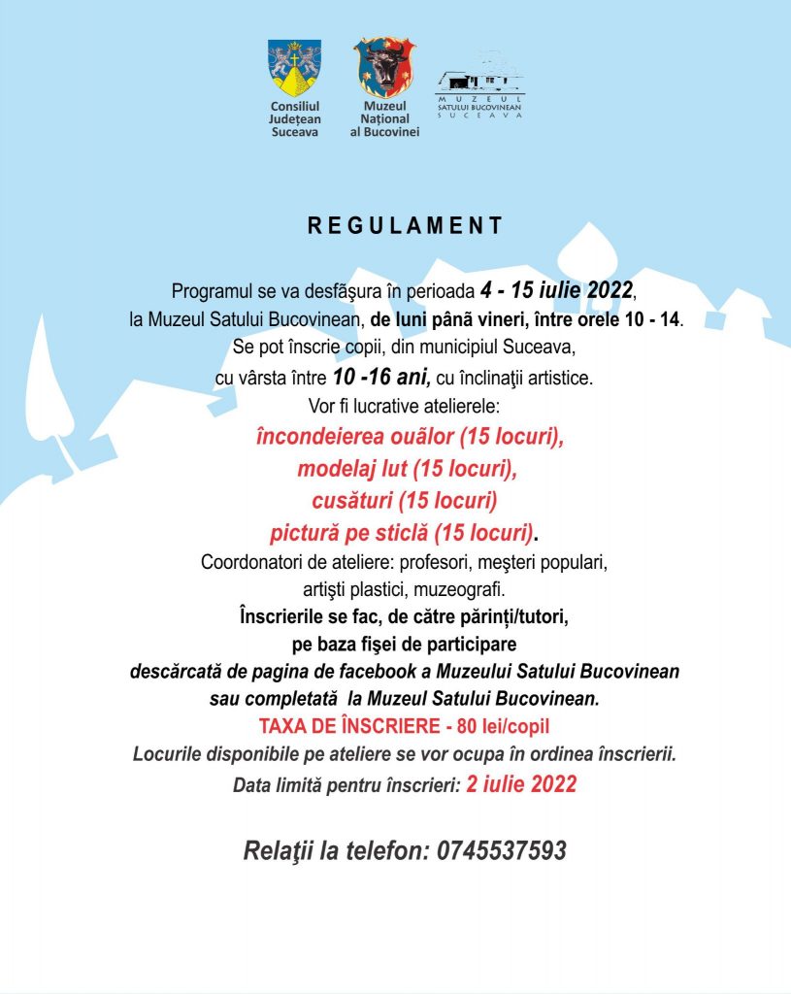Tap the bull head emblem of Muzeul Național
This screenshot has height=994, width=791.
pos(384,67)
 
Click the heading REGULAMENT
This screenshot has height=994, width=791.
pos(406,226)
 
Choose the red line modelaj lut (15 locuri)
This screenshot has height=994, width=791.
pos(406,469)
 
